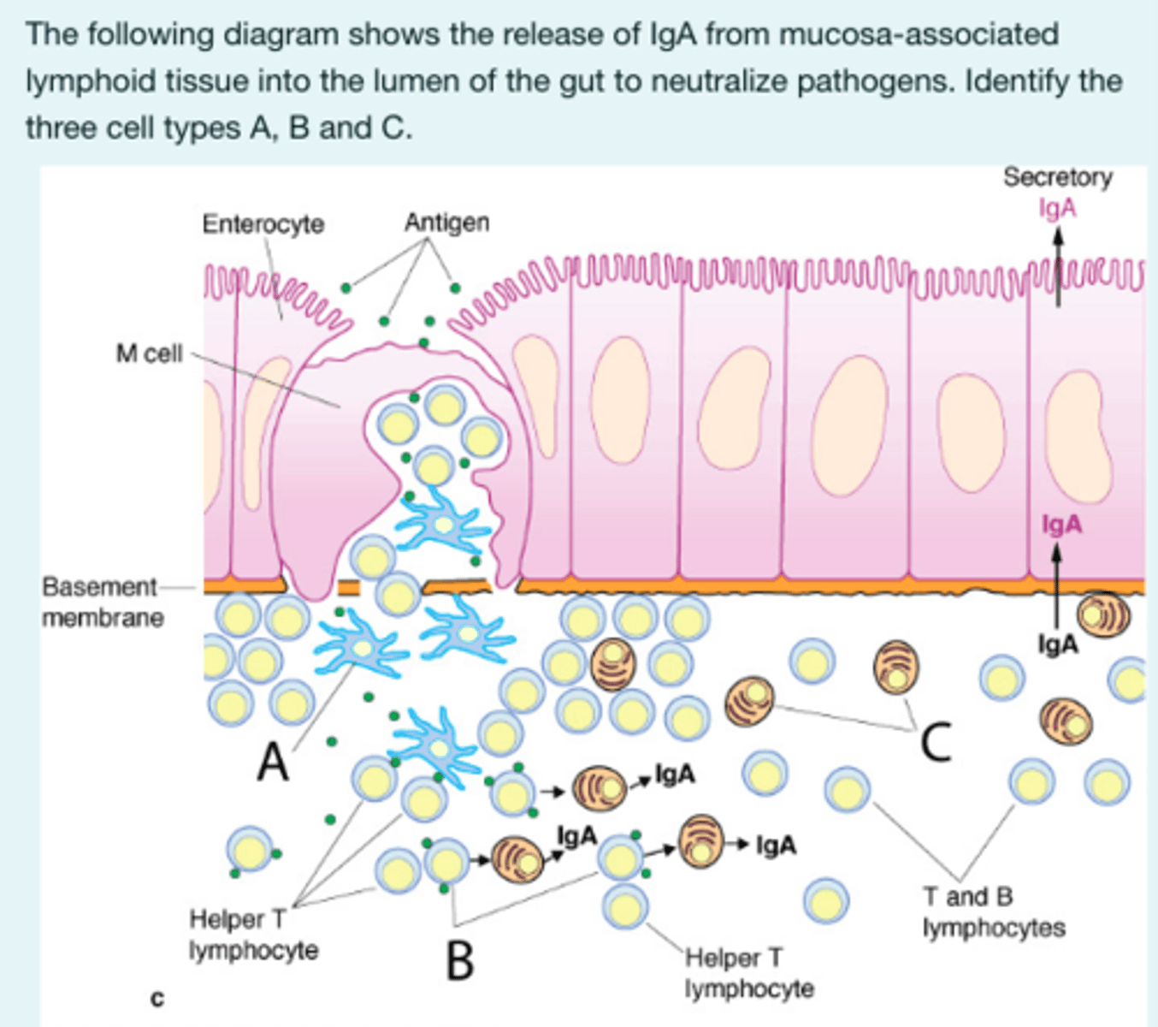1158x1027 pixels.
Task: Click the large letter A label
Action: click(274, 761)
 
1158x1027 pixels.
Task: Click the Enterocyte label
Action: click(263, 224)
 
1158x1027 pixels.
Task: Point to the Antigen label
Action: click(446, 223)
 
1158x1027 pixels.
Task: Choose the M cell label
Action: click(150, 353)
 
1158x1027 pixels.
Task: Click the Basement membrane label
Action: click(102, 602)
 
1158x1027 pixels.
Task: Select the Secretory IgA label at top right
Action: click(1058, 192)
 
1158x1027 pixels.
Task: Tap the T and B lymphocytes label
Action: click(993, 912)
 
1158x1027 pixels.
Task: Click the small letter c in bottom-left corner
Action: click(157, 997)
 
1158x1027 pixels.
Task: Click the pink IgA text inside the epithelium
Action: click(1061, 524)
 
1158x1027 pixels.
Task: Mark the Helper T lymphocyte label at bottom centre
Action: click(748, 973)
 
